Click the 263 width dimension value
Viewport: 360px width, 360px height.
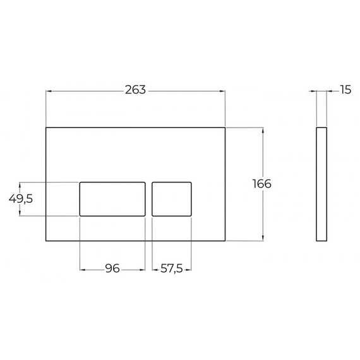pos(135,90)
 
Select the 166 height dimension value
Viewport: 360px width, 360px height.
pos(261,184)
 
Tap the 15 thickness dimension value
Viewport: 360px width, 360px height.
pos(345,90)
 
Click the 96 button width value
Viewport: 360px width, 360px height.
pos(112,269)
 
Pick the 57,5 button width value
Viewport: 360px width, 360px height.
pos(172,269)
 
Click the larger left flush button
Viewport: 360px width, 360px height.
pos(112,199)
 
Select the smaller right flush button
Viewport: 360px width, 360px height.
pos(172,199)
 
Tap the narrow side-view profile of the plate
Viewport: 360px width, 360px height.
pos(321,184)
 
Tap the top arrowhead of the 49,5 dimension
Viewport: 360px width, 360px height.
pos(21,184)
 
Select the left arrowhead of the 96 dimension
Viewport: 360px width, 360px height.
pos(81,269)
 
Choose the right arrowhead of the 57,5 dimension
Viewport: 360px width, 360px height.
pos(189,269)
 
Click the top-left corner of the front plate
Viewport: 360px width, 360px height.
pos(46,128)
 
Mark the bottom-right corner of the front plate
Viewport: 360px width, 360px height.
pos(225,241)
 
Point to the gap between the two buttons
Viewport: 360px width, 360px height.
pos(149,199)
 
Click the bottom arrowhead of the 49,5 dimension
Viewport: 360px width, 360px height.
pos(21,213)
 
